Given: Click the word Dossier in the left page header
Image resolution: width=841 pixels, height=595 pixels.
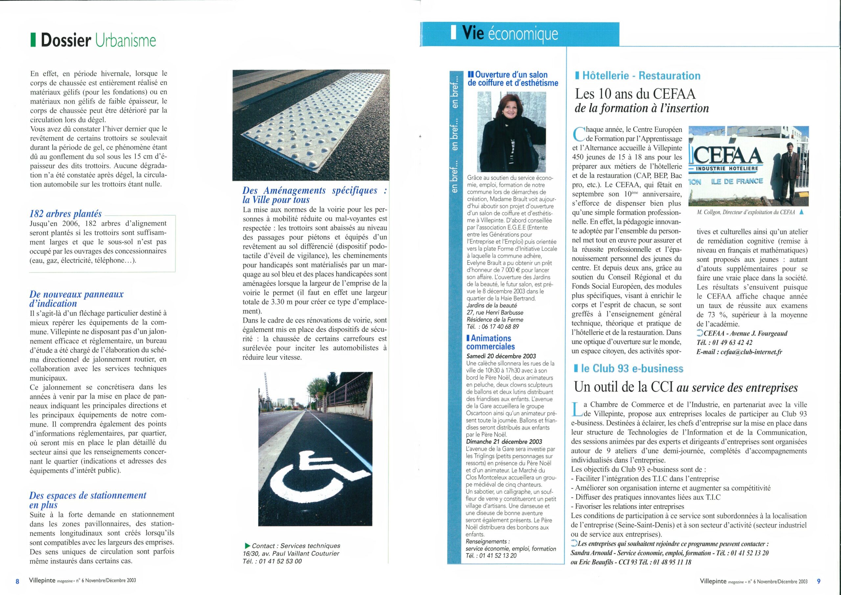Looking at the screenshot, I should click(66, 40).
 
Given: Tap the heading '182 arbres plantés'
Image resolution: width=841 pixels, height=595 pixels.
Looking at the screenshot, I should click(66, 214).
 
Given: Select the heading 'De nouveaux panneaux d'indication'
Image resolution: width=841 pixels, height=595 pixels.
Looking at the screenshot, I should click(76, 299).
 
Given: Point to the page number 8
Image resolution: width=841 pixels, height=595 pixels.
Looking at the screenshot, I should click(17, 582).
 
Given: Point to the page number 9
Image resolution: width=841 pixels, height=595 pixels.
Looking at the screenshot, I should click(819, 581).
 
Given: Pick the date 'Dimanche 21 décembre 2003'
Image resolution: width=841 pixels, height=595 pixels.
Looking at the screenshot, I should click(504, 442).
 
